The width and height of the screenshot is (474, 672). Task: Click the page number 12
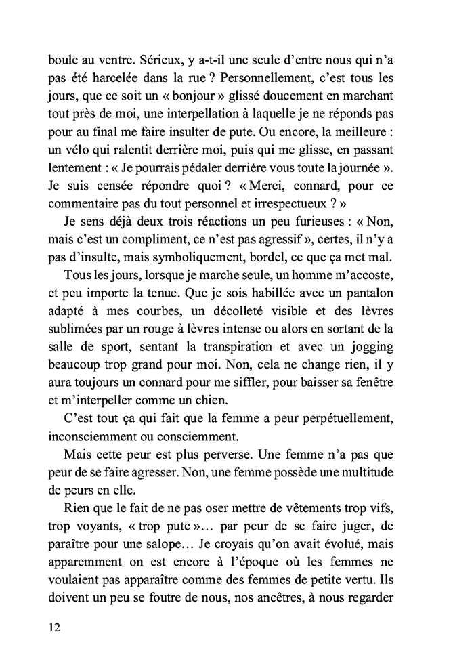point(56,627)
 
